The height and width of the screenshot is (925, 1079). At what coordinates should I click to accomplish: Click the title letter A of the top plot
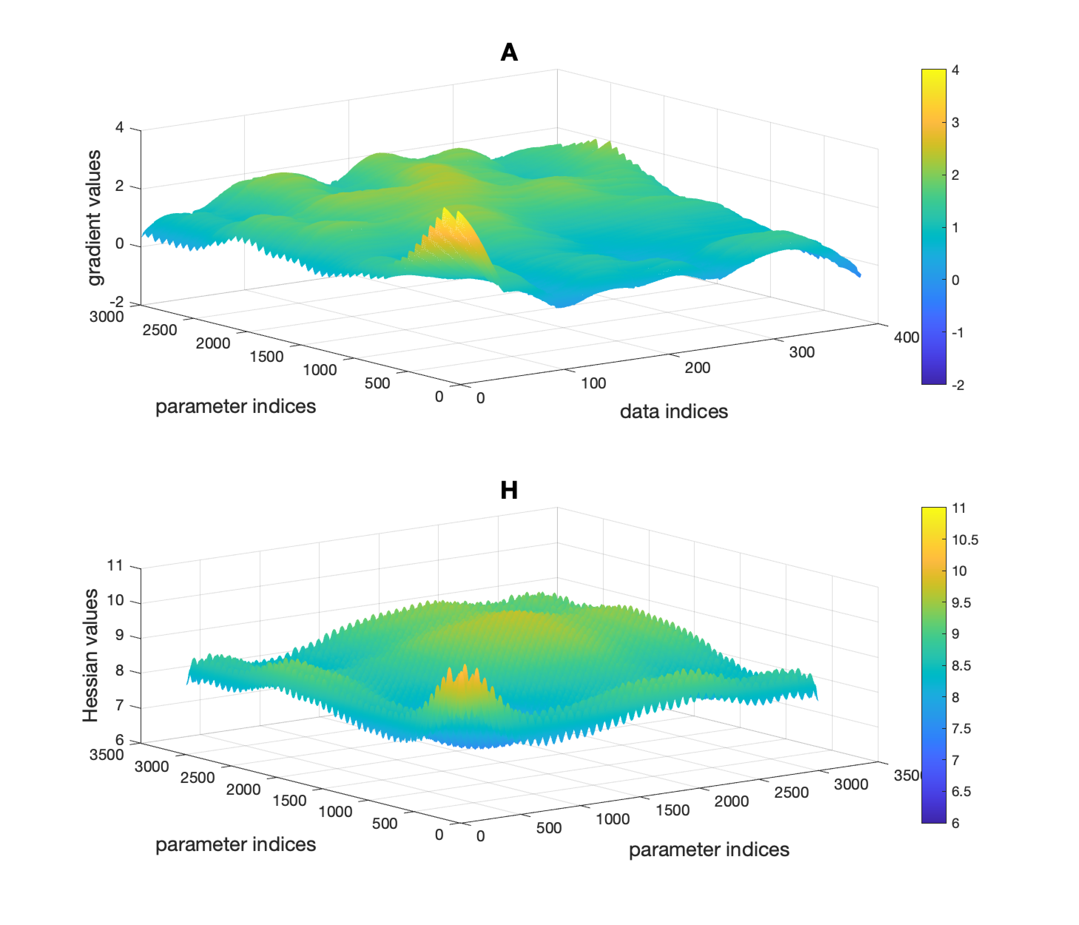[x=509, y=53]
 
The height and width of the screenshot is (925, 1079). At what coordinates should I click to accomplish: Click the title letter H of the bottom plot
[x=509, y=491]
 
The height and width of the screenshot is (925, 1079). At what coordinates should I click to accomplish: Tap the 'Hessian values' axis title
[x=91, y=655]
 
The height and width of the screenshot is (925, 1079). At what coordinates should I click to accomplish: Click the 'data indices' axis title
[x=673, y=411]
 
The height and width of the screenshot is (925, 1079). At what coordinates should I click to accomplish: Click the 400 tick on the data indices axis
[x=906, y=337]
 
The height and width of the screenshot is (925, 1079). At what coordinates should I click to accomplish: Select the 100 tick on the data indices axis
[x=593, y=383]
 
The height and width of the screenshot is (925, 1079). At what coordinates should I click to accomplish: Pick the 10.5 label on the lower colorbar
[x=964, y=539]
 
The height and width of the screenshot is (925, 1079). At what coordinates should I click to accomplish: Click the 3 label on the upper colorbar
[x=955, y=122]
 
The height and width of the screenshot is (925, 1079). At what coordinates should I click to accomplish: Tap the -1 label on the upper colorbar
[x=957, y=332]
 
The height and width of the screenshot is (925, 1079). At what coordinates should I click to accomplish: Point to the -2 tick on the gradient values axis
[x=117, y=302]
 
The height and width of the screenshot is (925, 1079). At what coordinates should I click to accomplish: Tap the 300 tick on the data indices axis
[x=802, y=352]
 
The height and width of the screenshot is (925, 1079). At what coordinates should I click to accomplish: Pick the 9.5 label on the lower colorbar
[x=961, y=603]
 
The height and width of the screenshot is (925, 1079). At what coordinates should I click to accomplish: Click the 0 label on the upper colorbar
[x=955, y=280]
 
